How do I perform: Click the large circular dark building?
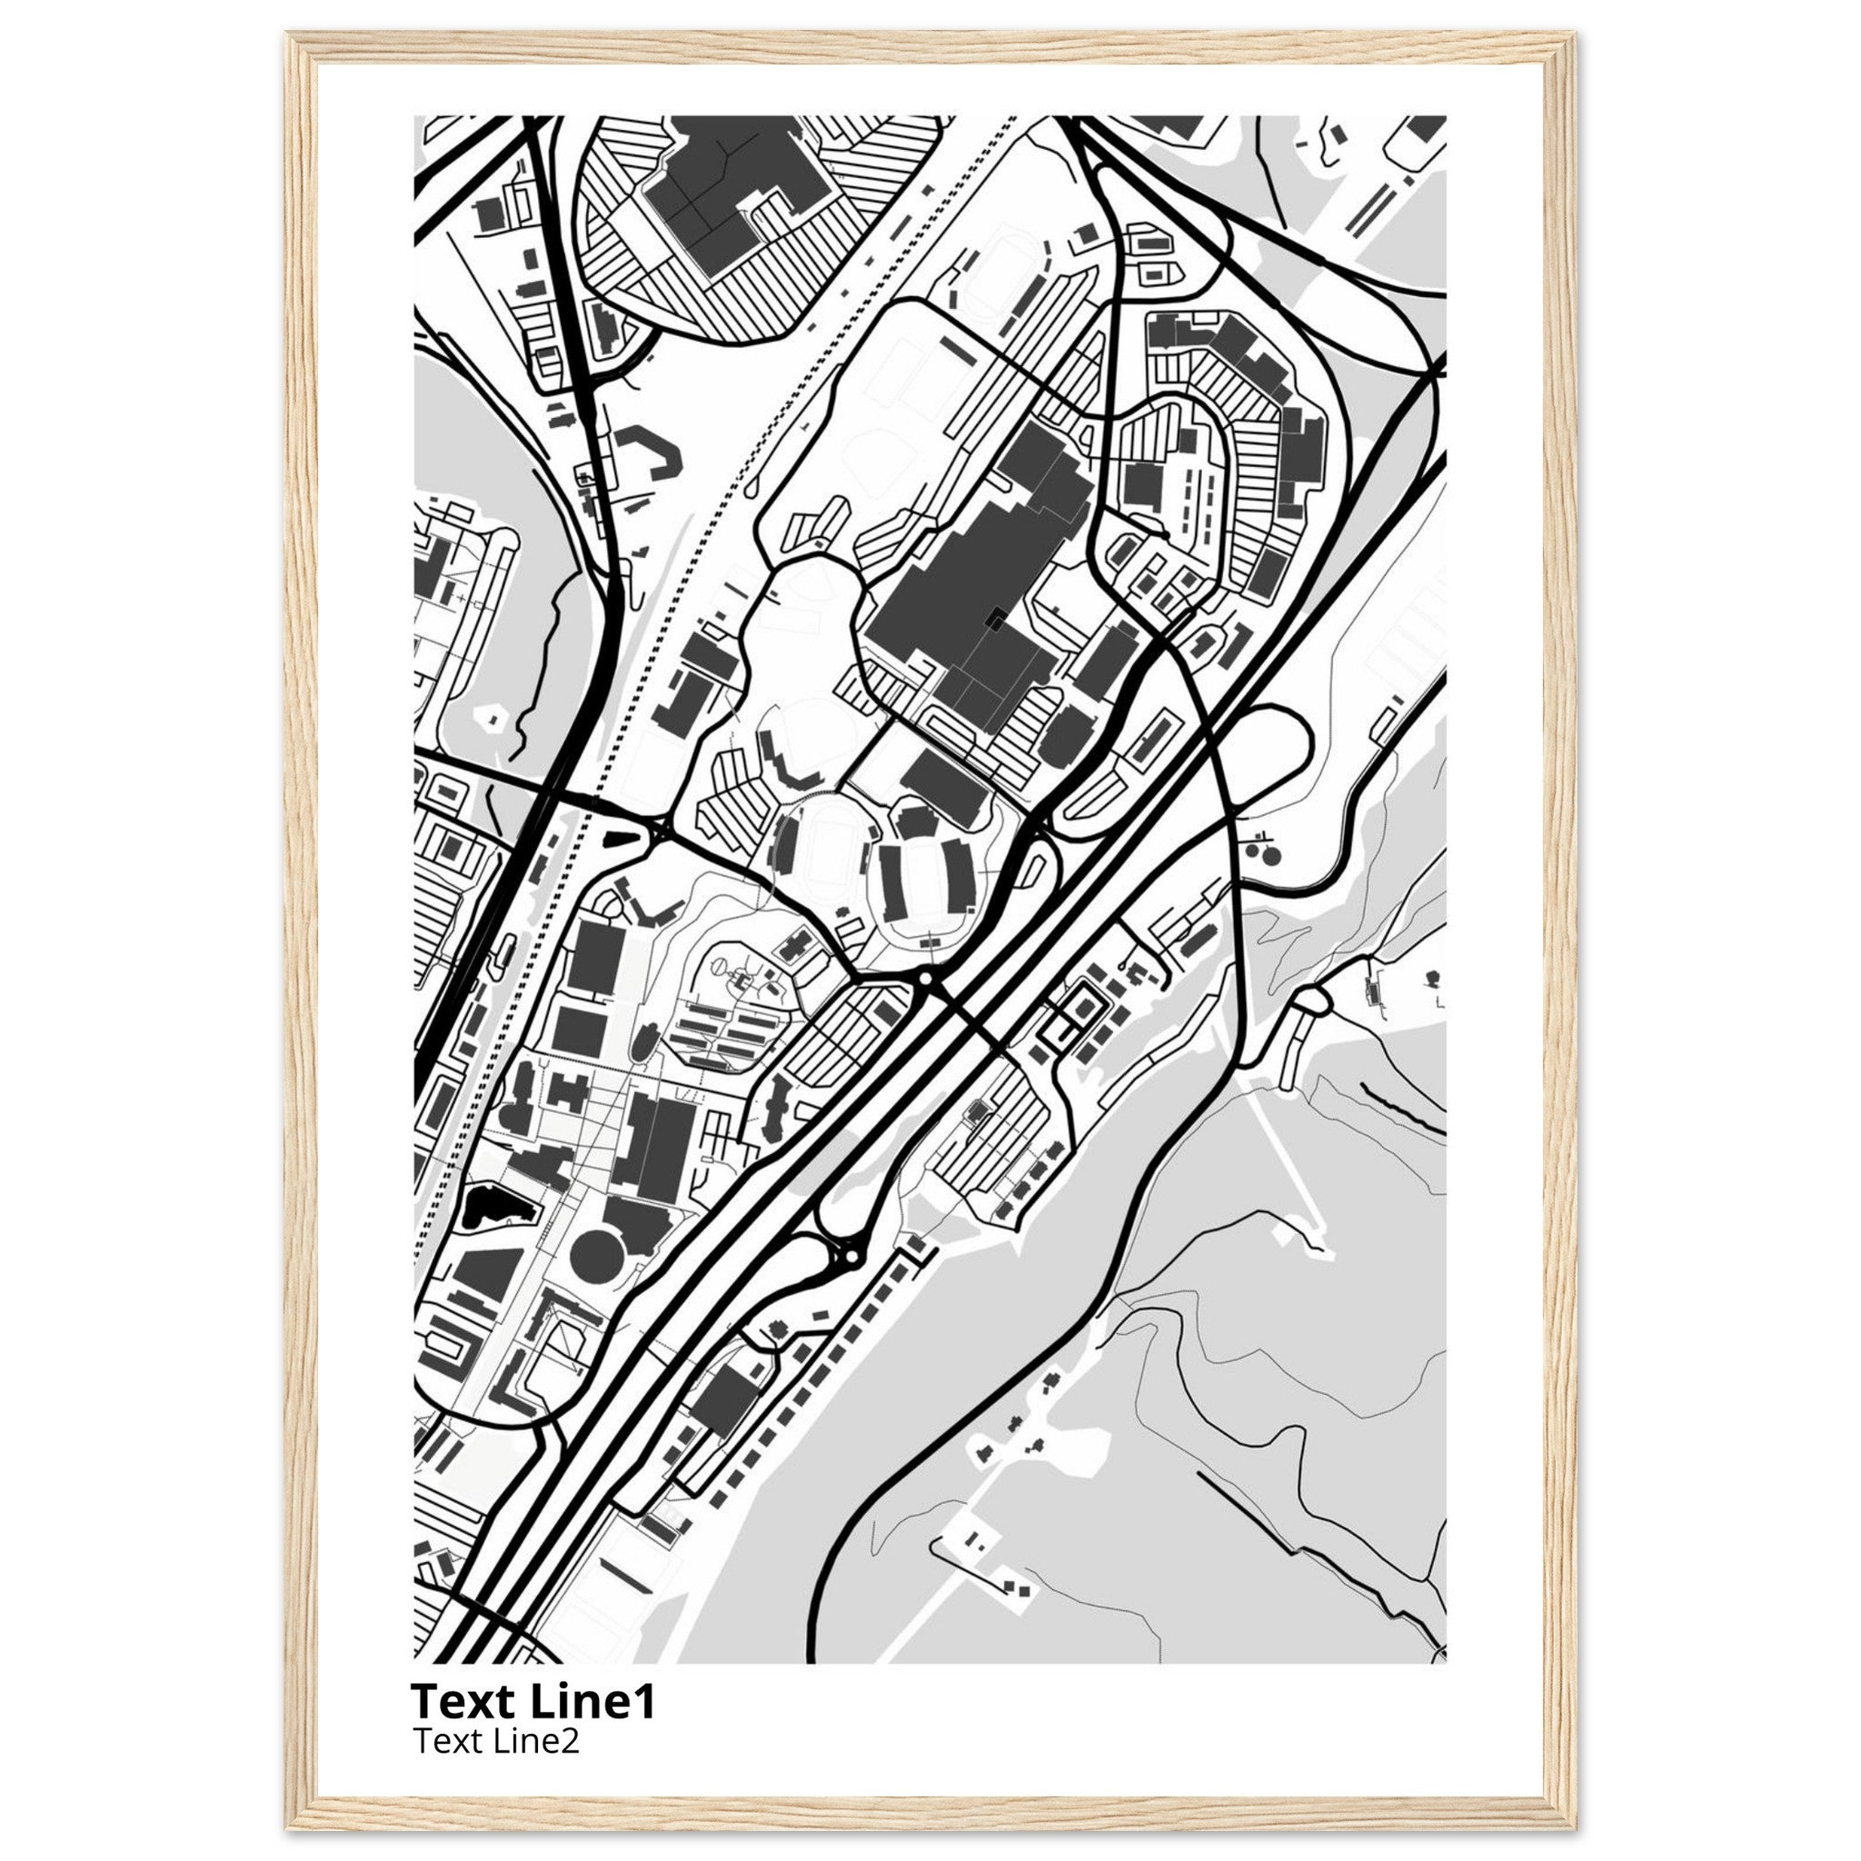click(x=597, y=1254)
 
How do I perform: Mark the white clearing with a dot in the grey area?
click(x=494, y=718)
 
